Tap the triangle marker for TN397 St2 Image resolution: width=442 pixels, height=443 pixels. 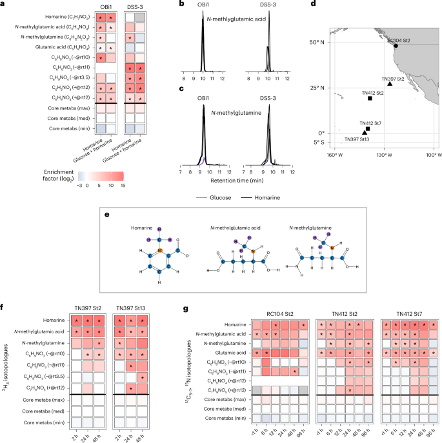click(x=390, y=84)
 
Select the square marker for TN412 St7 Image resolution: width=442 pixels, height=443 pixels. click(x=367, y=128)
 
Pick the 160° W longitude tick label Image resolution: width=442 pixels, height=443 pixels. click(x=333, y=155)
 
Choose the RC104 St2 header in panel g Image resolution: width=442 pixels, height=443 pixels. click(x=280, y=308)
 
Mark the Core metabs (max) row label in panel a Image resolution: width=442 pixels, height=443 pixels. click(x=54, y=111)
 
